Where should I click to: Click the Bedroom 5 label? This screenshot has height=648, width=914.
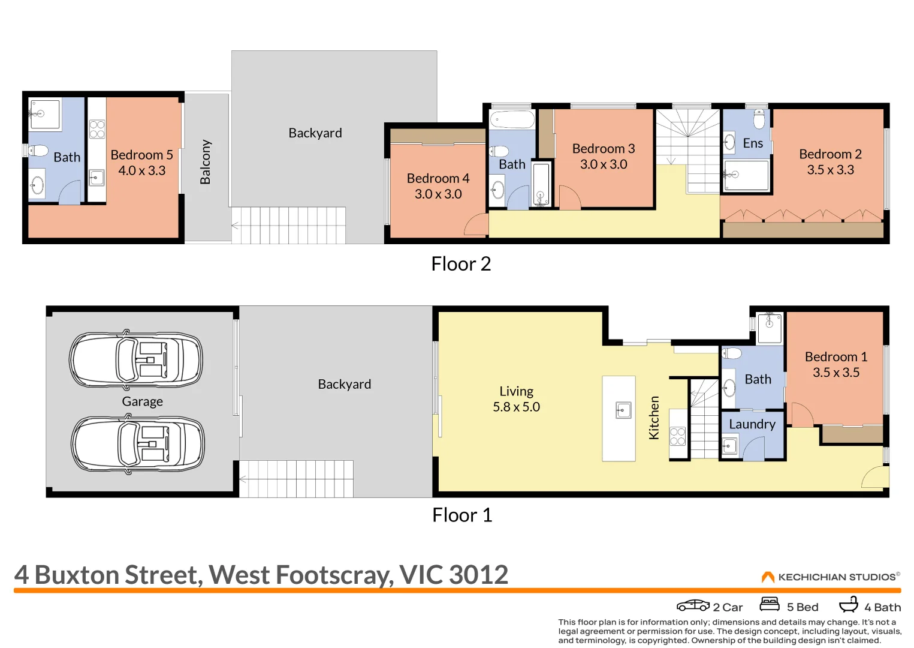pos(141,155)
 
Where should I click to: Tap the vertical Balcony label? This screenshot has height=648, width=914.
pos(205,162)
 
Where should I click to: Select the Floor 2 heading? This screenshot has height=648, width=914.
pos(461,264)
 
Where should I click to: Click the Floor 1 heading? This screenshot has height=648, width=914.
pos(462,515)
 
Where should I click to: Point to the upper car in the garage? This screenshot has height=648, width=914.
pos(136,359)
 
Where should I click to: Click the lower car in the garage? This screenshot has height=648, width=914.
pos(138,444)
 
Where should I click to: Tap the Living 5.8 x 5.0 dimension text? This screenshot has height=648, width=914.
pos(516,407)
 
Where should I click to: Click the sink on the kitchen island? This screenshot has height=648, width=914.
pos(623,410)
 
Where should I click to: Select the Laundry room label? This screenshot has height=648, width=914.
pos(752,425)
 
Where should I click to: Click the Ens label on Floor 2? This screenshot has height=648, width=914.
pos(753,143)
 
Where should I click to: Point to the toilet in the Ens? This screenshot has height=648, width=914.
pos(759,118)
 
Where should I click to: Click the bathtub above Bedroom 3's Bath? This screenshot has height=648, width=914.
pos(512,120)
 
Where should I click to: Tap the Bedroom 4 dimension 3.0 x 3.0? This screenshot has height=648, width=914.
pos(438,194)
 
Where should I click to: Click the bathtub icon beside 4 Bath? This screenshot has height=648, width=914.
pos(849,604)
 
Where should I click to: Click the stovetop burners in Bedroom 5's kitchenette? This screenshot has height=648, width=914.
pos(96,129)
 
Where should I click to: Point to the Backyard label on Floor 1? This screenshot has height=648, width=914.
pos(345,384)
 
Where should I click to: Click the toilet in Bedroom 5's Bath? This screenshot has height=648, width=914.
pos(38,151)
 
